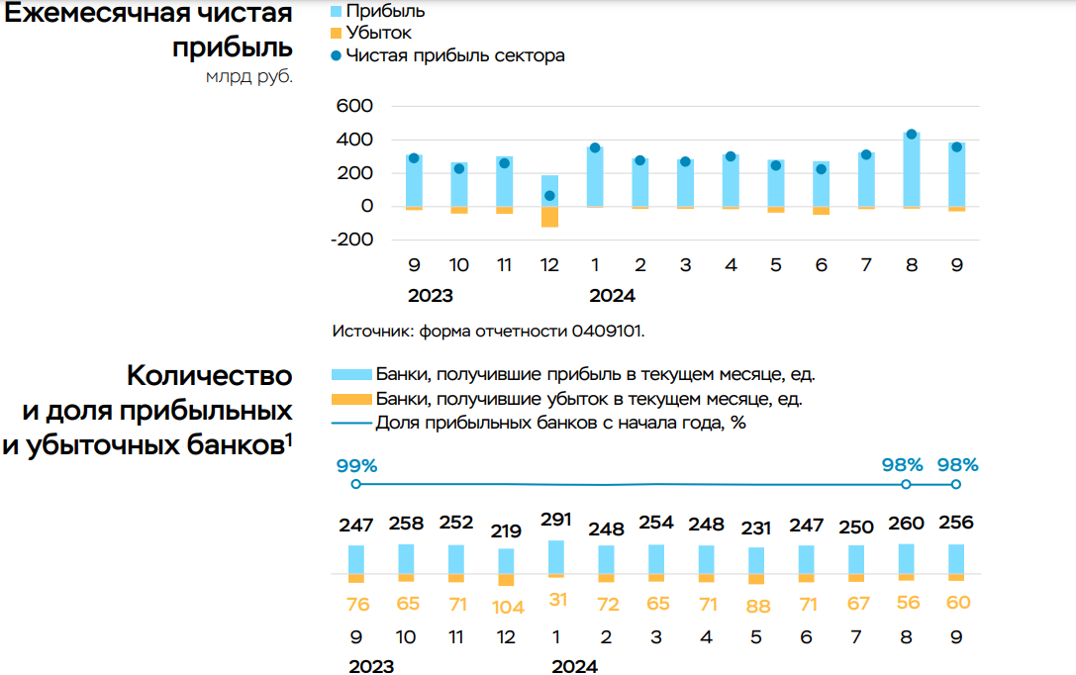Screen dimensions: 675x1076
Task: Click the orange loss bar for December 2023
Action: point(549,217)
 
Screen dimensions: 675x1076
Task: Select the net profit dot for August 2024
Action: point(912,135)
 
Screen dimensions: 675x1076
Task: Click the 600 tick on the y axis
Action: point(354,107)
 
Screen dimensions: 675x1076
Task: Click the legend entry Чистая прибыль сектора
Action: point(455,55)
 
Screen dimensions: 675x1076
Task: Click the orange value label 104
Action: point(508,608)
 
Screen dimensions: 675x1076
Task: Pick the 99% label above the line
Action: point(356,465)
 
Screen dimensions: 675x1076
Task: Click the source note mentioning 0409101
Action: point(489,331)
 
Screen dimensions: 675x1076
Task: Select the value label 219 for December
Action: point(506,530)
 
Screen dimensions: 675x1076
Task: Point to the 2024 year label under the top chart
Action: point(612,296)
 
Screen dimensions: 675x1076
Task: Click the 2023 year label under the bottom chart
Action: point(371,666)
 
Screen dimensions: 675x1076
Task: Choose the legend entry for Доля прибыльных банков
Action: point(560,424)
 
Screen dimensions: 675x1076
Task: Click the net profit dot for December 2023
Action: point(549,196)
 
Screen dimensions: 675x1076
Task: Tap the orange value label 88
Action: point(756,607)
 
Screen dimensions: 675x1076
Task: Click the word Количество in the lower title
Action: point(209,376)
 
